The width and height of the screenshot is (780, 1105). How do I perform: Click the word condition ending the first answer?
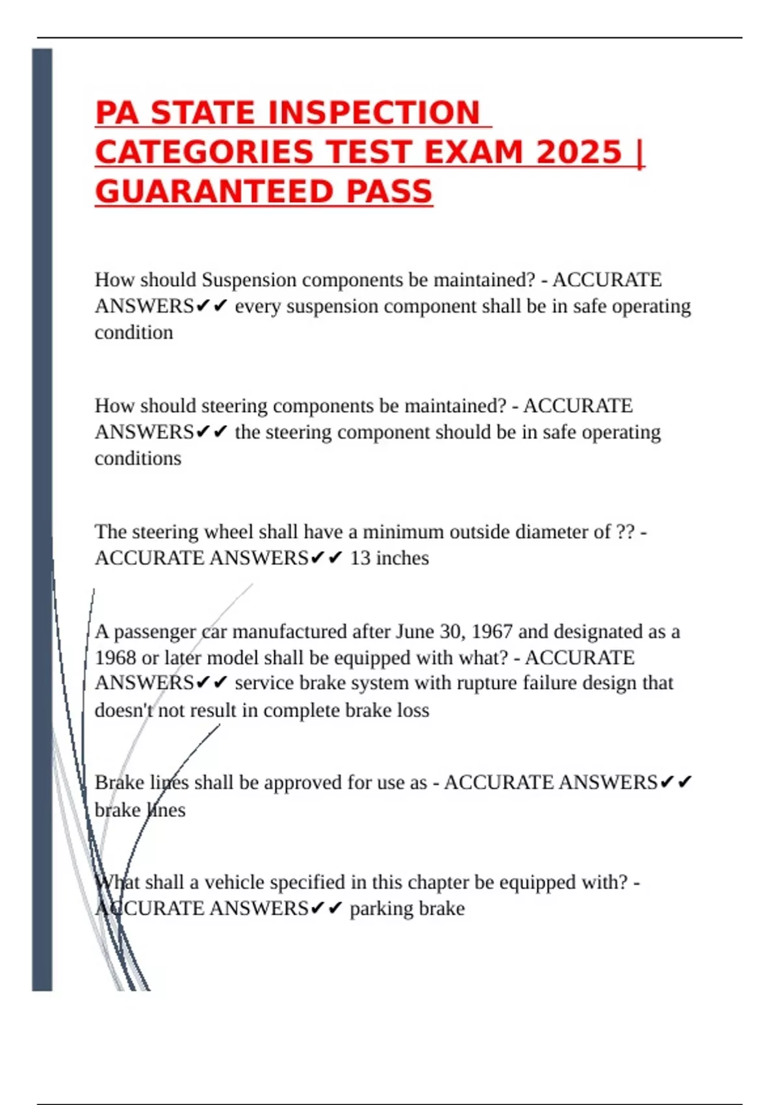click(134, 333)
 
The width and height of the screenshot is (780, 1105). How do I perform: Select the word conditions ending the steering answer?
click(138, 459)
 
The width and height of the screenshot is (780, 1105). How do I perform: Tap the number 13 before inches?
click(359, 558)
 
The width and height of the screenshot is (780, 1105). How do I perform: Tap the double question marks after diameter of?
click(625, 532)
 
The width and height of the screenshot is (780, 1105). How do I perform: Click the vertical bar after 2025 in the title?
click(641, 153)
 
